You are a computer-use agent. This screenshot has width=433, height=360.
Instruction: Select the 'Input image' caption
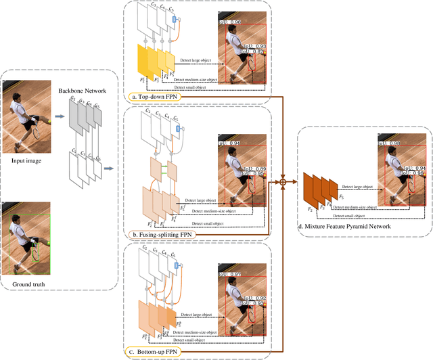click(x=28, y=161)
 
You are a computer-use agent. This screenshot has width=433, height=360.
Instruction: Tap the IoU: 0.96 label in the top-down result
click(x=230, y=22)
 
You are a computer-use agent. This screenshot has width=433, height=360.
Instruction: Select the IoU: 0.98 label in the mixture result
click(x=388, y=143)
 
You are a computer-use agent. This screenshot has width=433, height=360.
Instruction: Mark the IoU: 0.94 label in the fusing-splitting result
click(x=230, y=144)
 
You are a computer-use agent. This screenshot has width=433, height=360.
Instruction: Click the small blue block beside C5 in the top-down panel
click(x=176, y=20)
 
